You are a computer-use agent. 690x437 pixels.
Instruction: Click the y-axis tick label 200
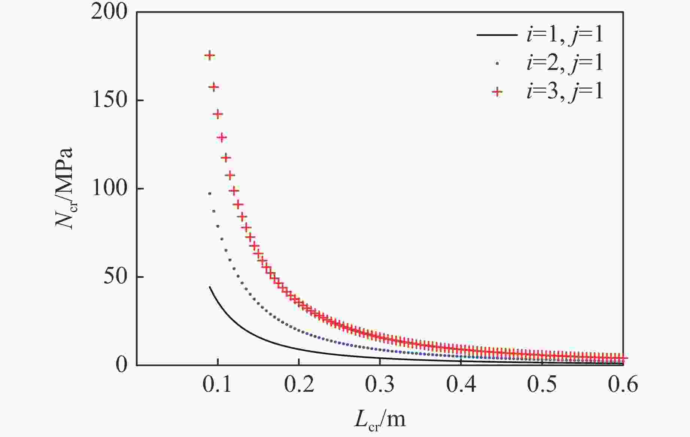109,12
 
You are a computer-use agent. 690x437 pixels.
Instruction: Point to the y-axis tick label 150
109,101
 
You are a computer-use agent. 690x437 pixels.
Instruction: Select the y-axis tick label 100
109,188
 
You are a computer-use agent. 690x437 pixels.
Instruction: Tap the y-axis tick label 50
115,277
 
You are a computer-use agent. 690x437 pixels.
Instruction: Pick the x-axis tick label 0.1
218,384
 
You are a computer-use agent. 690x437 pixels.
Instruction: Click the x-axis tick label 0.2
299,384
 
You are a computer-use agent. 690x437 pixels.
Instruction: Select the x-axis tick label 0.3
380,384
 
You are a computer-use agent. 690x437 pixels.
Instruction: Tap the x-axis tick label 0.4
461,384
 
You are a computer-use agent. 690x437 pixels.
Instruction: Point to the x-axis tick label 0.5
542,384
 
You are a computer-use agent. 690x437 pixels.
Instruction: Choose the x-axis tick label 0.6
623,384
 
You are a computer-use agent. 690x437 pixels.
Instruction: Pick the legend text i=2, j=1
565,63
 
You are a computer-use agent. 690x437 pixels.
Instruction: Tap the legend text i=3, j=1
565,91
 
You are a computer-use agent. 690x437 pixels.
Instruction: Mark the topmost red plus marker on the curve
210,56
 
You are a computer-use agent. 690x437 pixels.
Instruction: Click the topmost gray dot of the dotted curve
210,194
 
